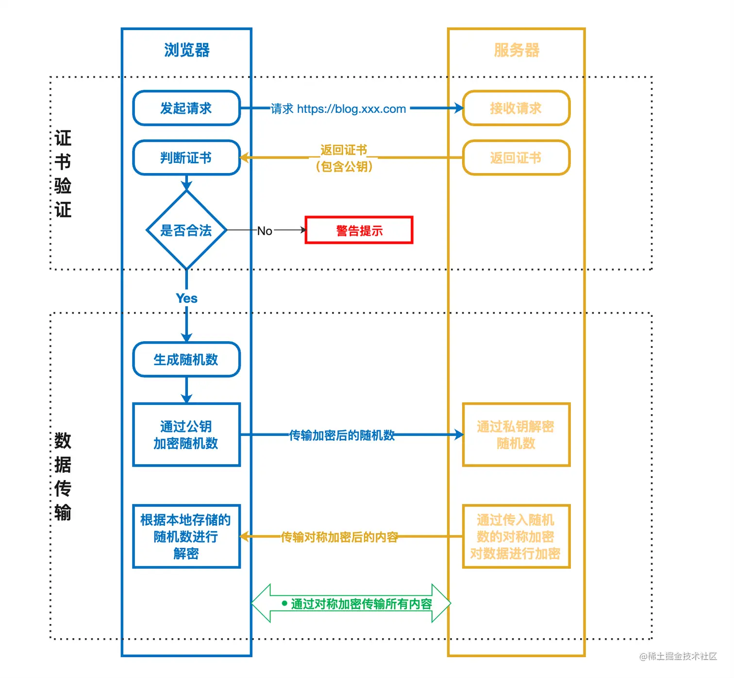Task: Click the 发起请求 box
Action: [x=186, y=108]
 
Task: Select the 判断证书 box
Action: [x=186, y=157]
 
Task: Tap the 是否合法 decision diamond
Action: [x=186, y=230]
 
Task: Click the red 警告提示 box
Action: [x=359, y=230]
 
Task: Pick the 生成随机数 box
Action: [x=186, y=360]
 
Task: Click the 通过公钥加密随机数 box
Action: [x=186, y=435]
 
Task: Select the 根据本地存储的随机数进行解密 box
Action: [x=186, y=536]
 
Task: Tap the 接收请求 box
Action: [x=516, y=108]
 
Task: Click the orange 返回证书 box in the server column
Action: [x=516, y=157]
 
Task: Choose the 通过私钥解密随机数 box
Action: [x=516, y=435]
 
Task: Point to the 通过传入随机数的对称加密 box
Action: [x=516, y=536]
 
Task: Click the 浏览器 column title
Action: [x=186, y=50]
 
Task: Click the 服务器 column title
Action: [x=517, y=50]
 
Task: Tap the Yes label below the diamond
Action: [x=186, y=298]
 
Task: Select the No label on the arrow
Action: [x=265, y=231]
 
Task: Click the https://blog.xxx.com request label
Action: [x=351, y=109]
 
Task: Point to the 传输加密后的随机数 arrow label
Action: [x=342, y=435]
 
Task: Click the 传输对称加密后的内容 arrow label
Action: [x=339, y=537]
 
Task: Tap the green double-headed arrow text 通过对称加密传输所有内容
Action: [x=361, y=604]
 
